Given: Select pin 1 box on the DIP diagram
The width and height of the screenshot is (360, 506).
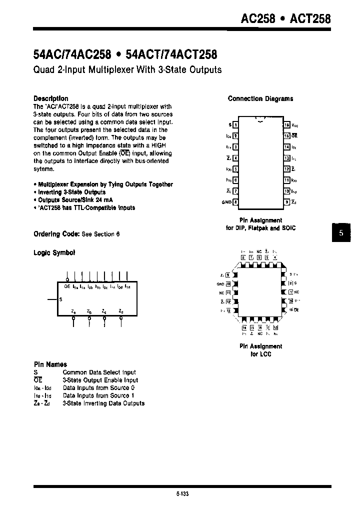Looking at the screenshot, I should pyautogui.click(x=235, y=124).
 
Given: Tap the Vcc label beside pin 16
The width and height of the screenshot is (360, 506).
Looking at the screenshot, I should pyautogui.click(x=295, y=125).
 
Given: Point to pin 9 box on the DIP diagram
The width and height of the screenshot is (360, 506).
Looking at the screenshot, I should pyautogui.click(x=286, y=202).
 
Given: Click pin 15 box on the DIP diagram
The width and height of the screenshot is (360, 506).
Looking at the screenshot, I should pyautogui.click(x=286, y=135).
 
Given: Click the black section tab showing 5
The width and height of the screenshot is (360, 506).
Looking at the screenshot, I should pyautogui.click(x=341, y=233).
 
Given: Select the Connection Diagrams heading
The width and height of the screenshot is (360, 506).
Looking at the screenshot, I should pyautogui.click(x=260, y=99).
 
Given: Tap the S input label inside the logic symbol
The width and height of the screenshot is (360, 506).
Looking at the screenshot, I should pyautogui.click(x=61, y=299).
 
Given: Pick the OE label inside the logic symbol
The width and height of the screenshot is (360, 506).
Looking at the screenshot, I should pyautogui.click(x=67, y=287).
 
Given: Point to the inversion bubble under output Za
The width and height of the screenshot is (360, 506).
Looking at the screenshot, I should pyautogui.click(x=74, y=317).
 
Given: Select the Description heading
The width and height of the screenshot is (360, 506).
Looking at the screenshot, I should pyautogui.click(x=50, y=98).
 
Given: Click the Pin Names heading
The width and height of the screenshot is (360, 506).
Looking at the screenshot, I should pyautogui.click(x=50, y=364).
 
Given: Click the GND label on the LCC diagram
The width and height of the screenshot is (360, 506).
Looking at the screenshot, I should pyautogui.click(x=220, y=283).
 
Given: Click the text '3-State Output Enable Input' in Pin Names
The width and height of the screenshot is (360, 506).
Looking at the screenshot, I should pyautogui.click(x=100, y=380).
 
